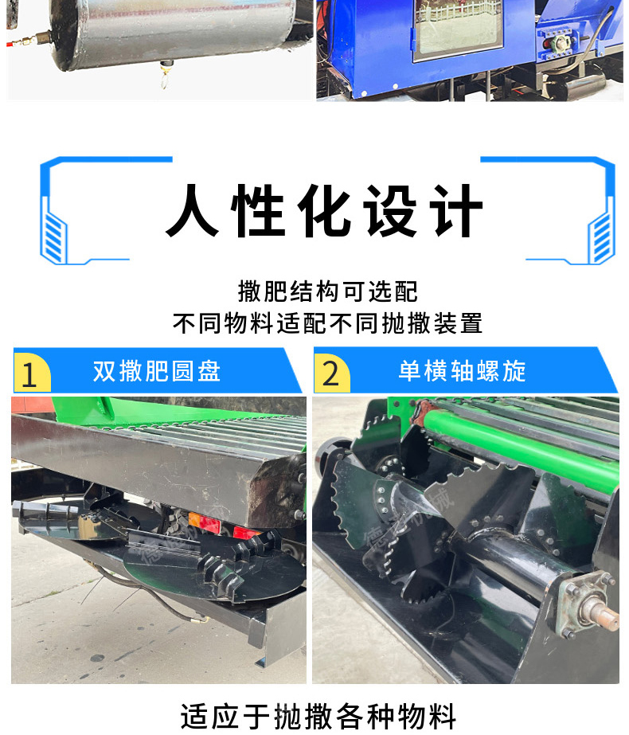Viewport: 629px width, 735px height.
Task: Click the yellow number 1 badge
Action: click(x=31, y=373)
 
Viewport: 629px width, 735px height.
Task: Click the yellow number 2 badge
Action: click(x=331, y=373)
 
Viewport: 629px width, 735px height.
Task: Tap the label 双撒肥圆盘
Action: click(x=157, y=371)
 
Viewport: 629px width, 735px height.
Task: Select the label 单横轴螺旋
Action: click(x=462, y=371)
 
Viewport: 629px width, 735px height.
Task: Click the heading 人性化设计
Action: click(x=324, y=210)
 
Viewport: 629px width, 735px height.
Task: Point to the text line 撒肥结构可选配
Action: click(x=327, y=291)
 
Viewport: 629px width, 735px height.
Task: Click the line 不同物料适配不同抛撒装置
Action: click(x=327, y=323)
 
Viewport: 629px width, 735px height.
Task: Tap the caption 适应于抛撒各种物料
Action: click(x=318, y=716)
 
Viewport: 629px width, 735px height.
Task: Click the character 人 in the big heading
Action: click(x=192, y=210)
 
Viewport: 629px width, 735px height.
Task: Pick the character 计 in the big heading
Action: click(x=458, y=210)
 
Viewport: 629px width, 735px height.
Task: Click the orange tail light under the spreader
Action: click(x=194, y=520)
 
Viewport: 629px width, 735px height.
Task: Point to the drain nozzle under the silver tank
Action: click(x=165, y=74)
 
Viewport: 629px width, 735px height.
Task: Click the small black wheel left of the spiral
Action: click(x=329, y=455)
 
